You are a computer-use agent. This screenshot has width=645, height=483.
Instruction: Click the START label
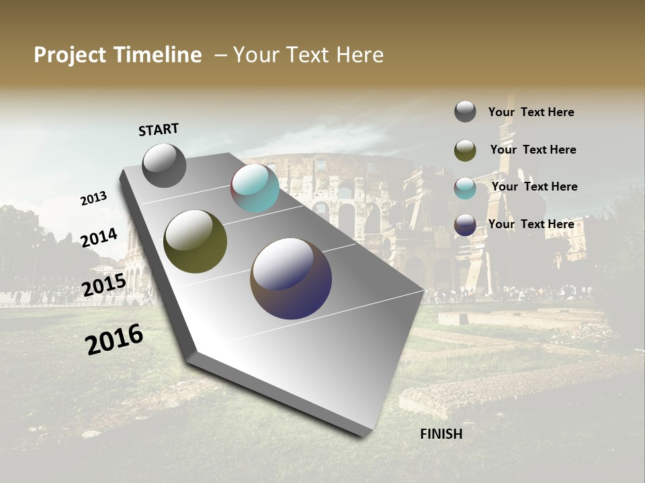point(159,129)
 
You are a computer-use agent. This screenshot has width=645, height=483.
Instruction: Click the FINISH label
point(441,434)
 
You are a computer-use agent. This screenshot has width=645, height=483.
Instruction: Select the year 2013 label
point(93,198)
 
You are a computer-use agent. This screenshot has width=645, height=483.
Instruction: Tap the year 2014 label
point(99,237)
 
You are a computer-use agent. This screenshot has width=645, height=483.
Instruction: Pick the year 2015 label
point(103,285)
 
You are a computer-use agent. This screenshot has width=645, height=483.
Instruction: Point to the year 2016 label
point(114,339)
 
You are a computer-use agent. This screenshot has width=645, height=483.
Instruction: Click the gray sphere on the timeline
point(164,165)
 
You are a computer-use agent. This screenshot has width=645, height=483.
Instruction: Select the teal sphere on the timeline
point(255,188)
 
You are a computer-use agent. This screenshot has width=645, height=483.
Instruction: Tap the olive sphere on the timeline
point(195,241)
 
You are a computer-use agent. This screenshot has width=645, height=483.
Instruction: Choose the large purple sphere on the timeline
point(291,278)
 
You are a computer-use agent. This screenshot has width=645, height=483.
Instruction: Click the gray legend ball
point(465,112)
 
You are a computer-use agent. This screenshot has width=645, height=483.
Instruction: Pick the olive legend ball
point(465,150)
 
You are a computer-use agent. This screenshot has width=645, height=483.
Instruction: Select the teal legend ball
point(465,188)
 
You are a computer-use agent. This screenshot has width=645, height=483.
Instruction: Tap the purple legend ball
point(465,225)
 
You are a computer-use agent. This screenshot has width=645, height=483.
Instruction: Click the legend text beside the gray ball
point(531,112)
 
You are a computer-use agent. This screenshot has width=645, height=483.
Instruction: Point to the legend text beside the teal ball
point(534,186)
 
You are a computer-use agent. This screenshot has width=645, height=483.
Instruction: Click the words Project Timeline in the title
point(118,55)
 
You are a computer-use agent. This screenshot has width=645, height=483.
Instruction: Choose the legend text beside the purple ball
point(531,224)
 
